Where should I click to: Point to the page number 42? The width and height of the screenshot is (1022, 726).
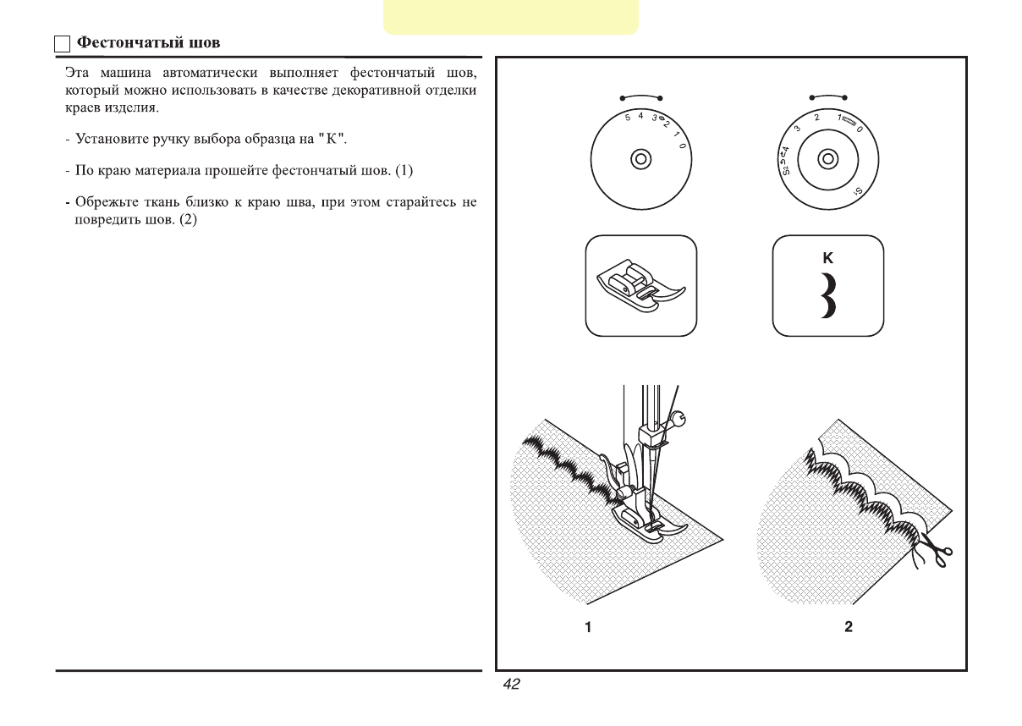pyautogui.click(x=511, y=685)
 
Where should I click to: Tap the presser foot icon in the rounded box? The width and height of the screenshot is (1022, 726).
pyautogui.click(x=641, y=286)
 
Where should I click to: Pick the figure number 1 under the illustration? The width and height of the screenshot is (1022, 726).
pyautogui.click(x=585, y=627)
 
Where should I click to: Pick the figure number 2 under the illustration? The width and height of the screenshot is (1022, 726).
pyautogui.click(x=849, y=627)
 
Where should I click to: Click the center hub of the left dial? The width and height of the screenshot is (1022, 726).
pyautogui.click(x=640, y=159)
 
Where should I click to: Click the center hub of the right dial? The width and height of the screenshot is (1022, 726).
pyautogui.click(x=827, y=158)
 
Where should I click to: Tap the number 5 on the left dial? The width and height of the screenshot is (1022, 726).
pyautogui.click(x=627, y=117)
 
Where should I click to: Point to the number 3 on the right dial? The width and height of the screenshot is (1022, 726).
pyautogui.click(x=798, y=127)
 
